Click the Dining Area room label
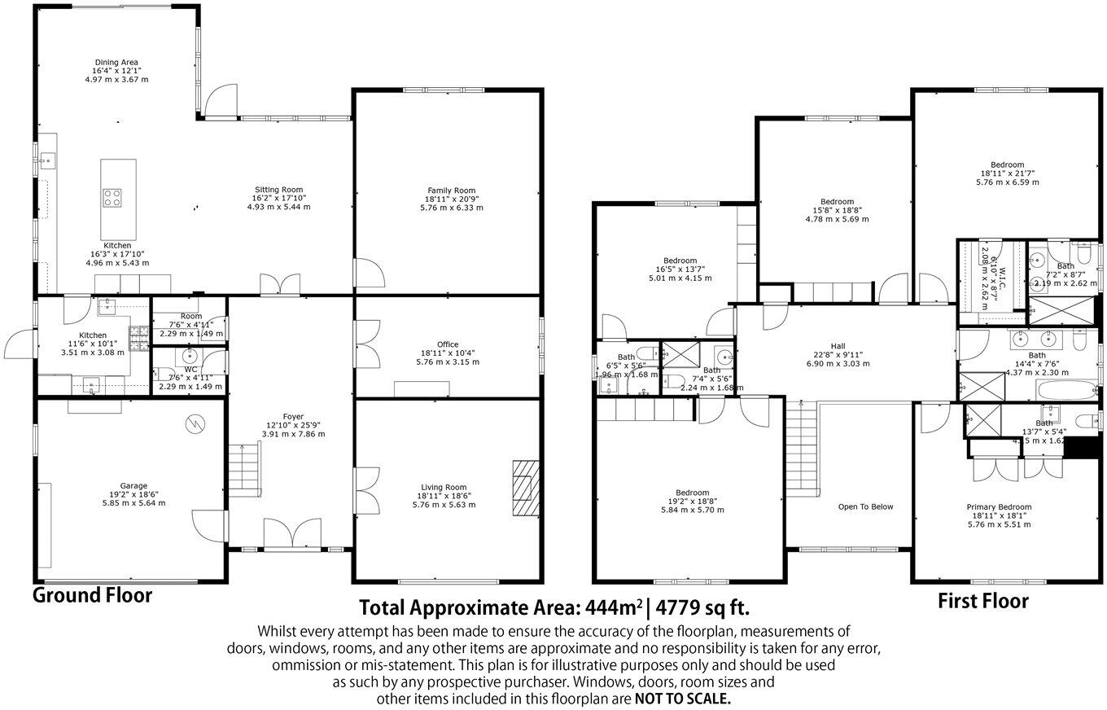coord(116,63)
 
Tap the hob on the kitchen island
coord(112,197)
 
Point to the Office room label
coord(447,344)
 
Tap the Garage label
coord(133,486)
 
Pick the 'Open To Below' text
coord(865,506)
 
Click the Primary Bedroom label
coord(999,506)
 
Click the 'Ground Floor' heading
coord(92,595)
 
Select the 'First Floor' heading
coord(982,602)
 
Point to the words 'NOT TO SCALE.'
coord(682,699)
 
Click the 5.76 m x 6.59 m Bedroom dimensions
coord(1007,182)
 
